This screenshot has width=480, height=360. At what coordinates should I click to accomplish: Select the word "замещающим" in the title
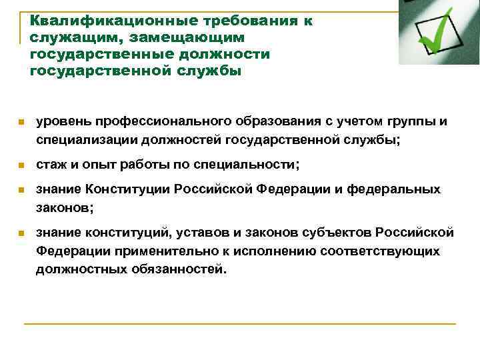(194, 37)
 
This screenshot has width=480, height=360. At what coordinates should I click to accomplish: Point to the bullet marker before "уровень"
(21, 123)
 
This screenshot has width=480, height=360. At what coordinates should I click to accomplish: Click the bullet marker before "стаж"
(21, 165)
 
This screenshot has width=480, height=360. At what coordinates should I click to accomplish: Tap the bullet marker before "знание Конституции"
(21, 190)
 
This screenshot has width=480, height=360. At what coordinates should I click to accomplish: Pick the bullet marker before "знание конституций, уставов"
(21, 233)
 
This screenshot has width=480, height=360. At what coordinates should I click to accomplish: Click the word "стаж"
(51, 164)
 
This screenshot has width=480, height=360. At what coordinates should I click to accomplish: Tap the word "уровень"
(63, 122)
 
